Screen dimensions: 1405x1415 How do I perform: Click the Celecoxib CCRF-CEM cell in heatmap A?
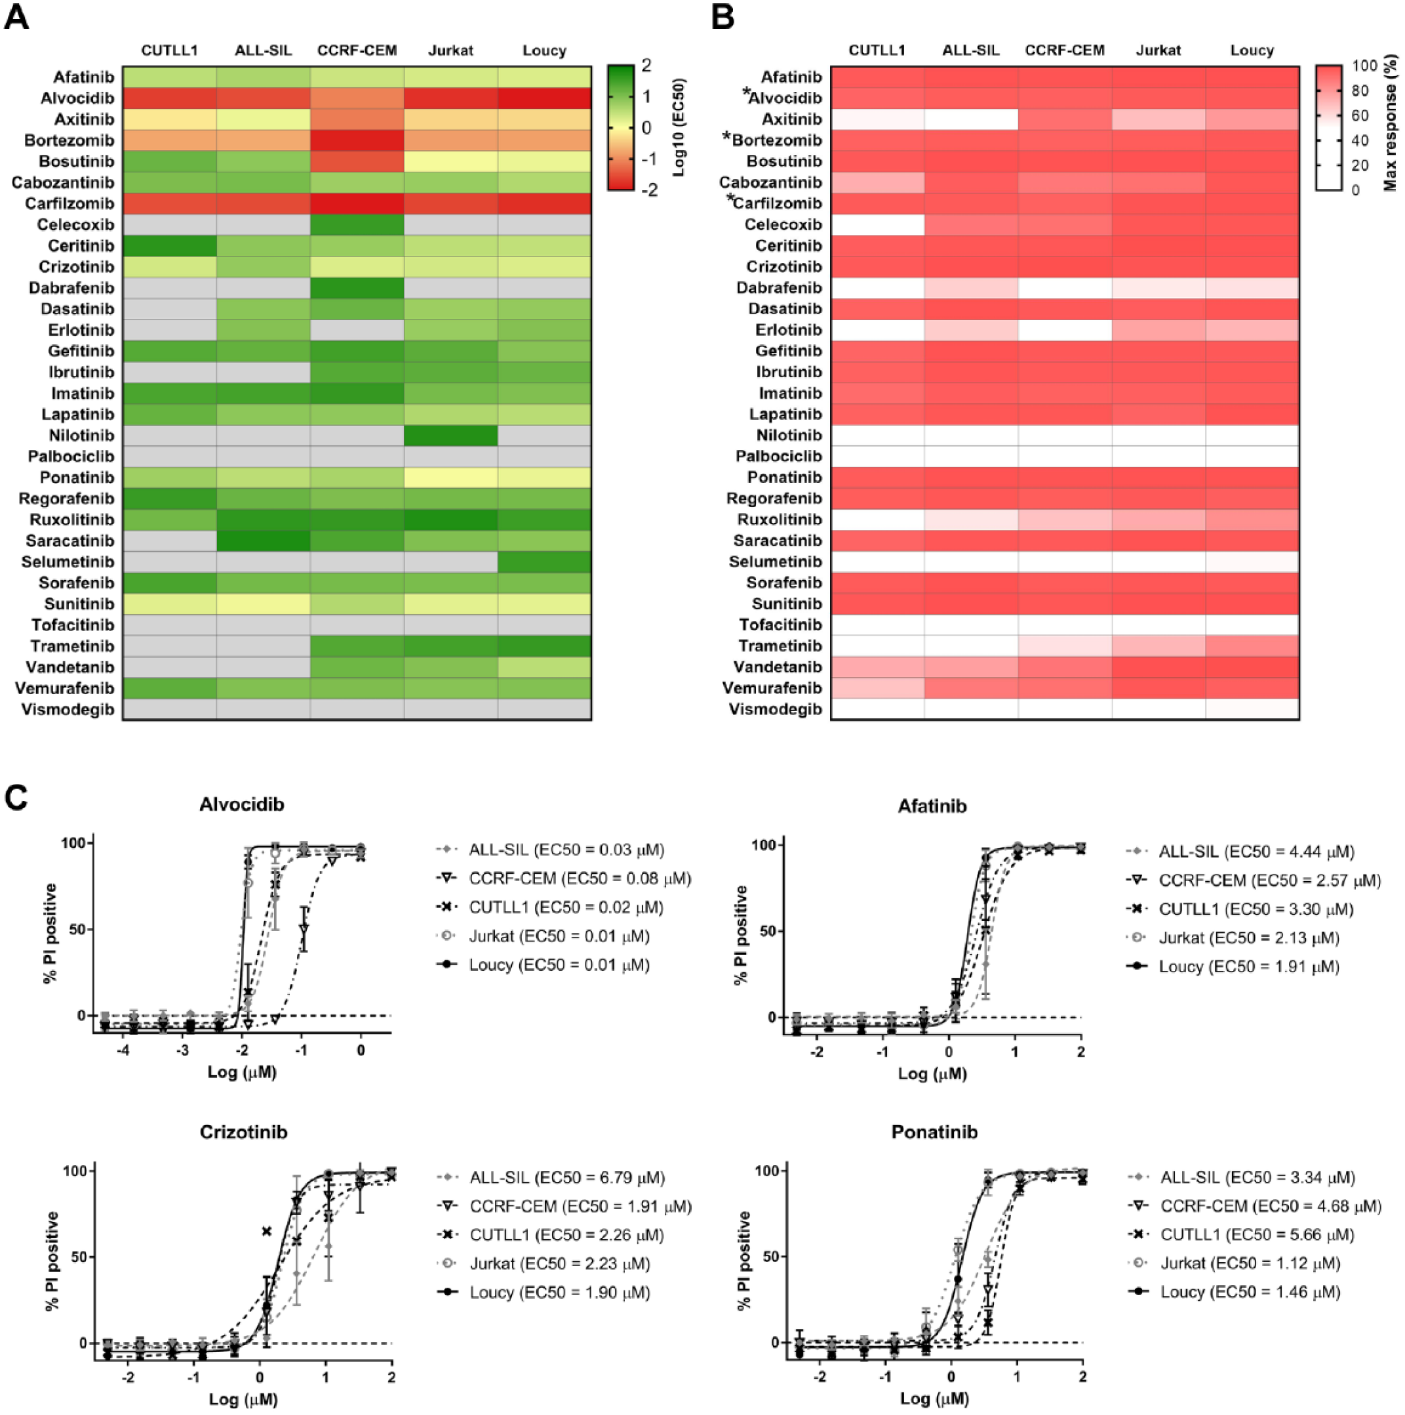(x=357, y=224)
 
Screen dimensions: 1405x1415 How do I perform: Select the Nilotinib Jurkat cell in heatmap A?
(x=450, y=435)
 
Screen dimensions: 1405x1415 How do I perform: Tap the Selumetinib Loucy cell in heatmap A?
(x=544, y=562)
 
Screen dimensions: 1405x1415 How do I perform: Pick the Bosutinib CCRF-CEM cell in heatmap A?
(x=357, y=161)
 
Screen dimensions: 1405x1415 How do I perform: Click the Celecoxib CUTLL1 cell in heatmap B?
(x=877, y=224)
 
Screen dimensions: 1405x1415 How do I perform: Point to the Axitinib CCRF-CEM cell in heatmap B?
(x=1065, y=119)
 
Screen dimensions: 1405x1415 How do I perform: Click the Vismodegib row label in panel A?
(x=68, y=709)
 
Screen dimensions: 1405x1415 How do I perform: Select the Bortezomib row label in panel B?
(x=772, y=139)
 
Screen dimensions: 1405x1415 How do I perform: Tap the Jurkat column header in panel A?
(x=450, y=51)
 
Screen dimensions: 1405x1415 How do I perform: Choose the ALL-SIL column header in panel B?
(x=970, y=51)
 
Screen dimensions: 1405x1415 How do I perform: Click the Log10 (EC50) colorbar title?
(x=679, y=127)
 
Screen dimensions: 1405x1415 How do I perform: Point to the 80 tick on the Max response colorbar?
(x=1360, y=91)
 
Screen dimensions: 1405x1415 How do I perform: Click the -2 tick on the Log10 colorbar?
(x=648, y=190)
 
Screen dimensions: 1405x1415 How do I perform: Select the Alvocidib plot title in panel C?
(x=242, y=804)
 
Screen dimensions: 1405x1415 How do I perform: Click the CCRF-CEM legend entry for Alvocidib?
(x=563, y=878)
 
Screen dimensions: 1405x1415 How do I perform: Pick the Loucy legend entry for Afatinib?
(x=1233, y=966)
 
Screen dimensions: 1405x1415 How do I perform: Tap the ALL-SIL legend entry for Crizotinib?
(x=551, y=1178)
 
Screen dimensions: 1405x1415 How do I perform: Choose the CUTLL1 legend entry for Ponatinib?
(x=1241, y=1235)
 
